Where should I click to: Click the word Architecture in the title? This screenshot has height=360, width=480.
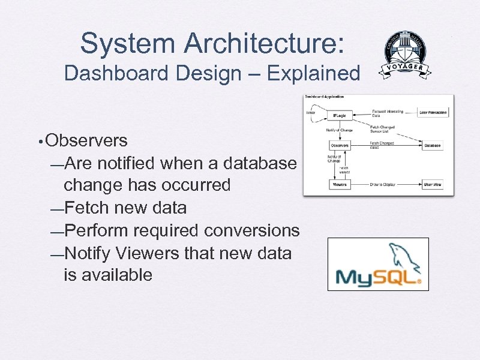tap(263, 43)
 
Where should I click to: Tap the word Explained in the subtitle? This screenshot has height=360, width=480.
tap(313, 74)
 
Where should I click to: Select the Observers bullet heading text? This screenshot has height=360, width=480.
tap(86, 140)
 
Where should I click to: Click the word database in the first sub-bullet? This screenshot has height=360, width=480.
tap(260, 163)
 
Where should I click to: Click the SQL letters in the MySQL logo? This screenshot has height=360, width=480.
tap(397, 277)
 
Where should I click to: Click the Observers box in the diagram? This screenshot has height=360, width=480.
tap(340, 145)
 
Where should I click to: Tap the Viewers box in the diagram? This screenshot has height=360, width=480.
tap(340, 185)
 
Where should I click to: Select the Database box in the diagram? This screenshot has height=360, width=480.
tap(432, 145)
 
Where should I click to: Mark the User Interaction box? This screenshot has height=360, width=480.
tap(433, 112)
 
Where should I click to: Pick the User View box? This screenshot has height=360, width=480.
tap(432, 185)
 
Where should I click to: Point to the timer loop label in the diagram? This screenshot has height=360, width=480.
tap(311, 112)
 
